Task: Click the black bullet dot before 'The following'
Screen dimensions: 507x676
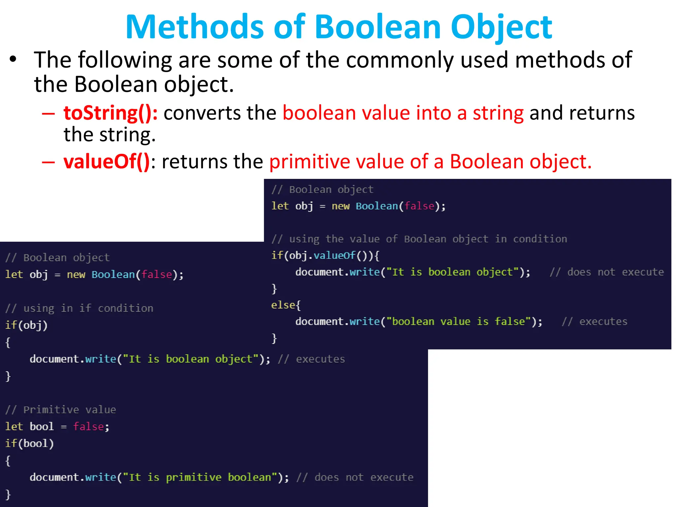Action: [13, 60]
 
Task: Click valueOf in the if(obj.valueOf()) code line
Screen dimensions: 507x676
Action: [334, 255]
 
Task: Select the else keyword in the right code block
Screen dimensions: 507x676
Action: [283, 305]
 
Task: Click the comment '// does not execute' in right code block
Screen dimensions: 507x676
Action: [607, 272]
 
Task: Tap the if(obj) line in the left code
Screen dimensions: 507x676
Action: [26, 325]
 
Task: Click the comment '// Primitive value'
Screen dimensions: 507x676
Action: [61, 410]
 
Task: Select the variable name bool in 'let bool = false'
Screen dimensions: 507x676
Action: [42, 426]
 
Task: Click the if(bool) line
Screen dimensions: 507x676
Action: [29, 443]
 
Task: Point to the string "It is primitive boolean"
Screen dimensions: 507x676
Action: [200, 477]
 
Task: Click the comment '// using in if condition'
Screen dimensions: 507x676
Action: [79, 308]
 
